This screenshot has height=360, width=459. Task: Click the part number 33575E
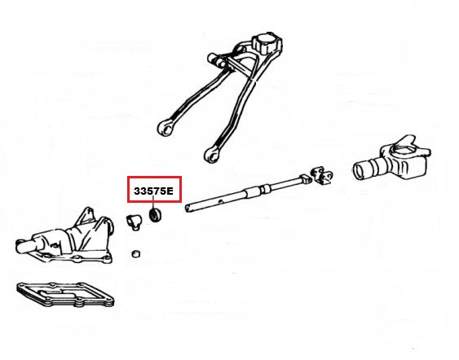(154, 191)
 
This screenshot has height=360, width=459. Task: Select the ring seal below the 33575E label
(156, 215)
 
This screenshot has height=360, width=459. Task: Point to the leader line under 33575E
(153, 202)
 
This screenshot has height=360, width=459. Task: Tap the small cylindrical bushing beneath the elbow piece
(135, 254)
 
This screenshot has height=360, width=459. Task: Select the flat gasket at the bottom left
(65, 294)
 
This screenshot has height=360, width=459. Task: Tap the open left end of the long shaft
(188, 208)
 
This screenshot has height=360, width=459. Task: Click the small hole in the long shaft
(222, 201)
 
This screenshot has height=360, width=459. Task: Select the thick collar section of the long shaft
(253, 192)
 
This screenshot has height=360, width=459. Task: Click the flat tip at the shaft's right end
(306, 178)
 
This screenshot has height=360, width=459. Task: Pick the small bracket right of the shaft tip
(322, 175)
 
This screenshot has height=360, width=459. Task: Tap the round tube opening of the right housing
(360, 171)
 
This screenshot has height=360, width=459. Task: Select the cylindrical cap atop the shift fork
(267, 42)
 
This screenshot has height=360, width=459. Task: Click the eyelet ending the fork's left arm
(166, 128)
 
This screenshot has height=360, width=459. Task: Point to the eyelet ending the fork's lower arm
(212, 154)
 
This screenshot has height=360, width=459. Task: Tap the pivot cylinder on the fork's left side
(217, 59)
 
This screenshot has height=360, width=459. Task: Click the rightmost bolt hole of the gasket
(110, 300)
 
